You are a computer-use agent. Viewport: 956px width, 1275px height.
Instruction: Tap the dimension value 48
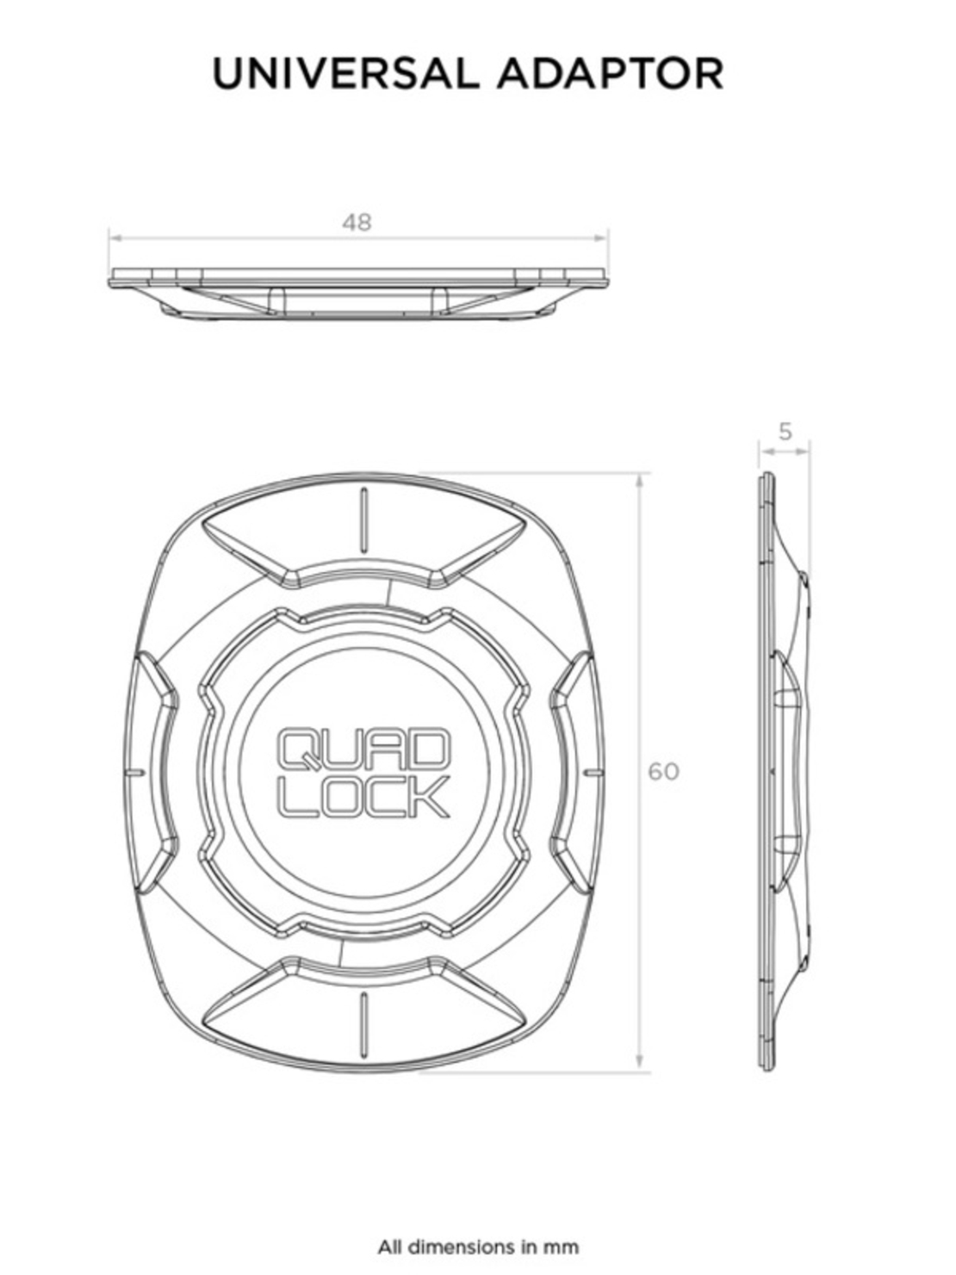click(x=357, y=222)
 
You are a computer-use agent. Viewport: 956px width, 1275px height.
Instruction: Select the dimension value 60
click(x=663, y=771)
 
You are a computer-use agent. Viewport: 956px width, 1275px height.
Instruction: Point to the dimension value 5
click(x=785, y=432)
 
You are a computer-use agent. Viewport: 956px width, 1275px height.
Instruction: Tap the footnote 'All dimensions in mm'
click(x=478, y=1246)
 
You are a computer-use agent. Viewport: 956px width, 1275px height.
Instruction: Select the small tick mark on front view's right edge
click(x=592, y=772)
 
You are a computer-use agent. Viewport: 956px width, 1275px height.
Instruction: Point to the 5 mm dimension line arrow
click(x=785, y=448)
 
